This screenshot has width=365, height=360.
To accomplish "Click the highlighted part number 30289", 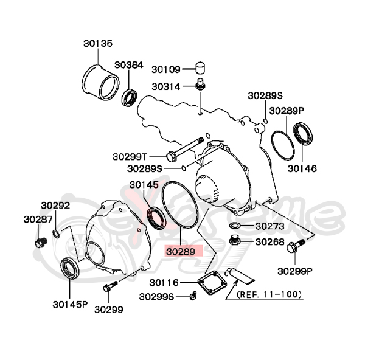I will (181, 251).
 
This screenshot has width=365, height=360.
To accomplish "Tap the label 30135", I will (97, 44).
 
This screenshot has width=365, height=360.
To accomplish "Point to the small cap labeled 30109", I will (201, 67).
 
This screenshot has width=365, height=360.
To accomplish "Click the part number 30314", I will (165, 86).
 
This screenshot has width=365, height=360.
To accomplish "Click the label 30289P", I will (287, 111).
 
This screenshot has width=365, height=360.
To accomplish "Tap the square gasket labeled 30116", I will (210, 284).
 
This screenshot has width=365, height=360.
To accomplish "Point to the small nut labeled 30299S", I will (193, 296).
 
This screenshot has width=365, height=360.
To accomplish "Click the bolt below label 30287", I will (41, 243).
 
